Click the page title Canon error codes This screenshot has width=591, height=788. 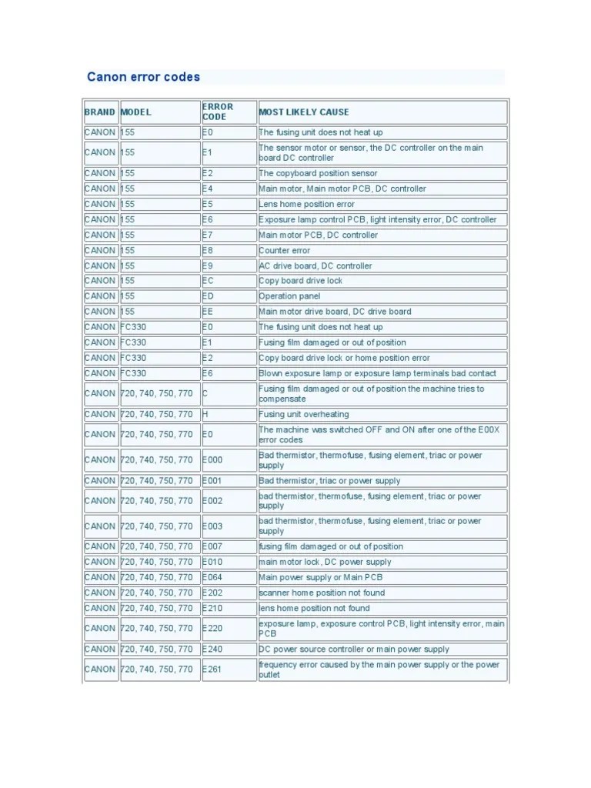click(x=143, y=77)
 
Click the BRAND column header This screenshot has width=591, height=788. click(x=100, y=112)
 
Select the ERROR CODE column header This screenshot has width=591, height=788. click(x=218, y=112)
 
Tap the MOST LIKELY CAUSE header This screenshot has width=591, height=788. click(x=304, y=112)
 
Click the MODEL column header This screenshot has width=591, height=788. click(x=136, y=112)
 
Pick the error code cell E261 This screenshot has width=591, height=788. click(x=212, y=669)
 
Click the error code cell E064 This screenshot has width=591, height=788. click(x=212, y=577)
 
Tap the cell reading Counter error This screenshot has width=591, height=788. click(x=285, y=250)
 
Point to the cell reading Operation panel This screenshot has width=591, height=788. click(x=289, y=296)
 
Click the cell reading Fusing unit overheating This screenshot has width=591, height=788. click(x=304, y=414)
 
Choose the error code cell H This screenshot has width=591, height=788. click(x=206, y=414)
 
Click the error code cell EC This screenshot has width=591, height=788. click(x=209, y=281)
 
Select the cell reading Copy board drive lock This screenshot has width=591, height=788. click(x=301, y=281)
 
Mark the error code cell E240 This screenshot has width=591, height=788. click(x=212, y=649)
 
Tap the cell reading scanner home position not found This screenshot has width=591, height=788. click(x=322, y=593)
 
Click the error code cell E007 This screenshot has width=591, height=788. click(x=212, y=546)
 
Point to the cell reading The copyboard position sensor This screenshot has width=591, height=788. click(x=319, y=173)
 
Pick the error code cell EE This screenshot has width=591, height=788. click(x=209, y=312)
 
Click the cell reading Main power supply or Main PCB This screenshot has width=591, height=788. click(x=321, y=577)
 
